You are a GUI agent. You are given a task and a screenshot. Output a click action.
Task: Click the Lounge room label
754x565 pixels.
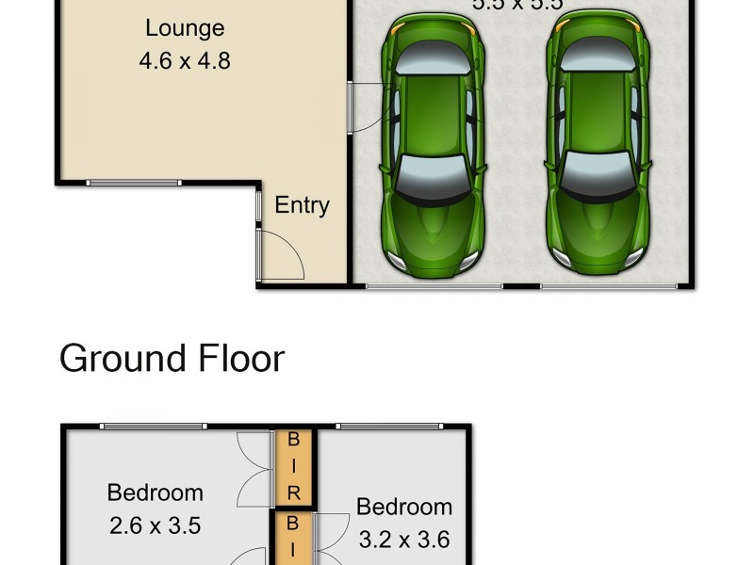tap(186, 27)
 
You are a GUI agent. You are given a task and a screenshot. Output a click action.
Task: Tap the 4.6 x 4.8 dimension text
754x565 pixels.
tap(185, 61)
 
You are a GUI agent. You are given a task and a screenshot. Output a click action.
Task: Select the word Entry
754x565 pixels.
tap(302, 205)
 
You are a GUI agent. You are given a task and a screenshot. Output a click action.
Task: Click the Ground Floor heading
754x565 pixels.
tap(172, 359)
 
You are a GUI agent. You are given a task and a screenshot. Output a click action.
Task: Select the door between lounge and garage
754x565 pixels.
tap(350, 106)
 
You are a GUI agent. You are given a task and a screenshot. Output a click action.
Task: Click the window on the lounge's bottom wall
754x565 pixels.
tap(133, 182)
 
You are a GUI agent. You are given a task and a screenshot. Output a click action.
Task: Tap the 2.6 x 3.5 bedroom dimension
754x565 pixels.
tap(155, 525)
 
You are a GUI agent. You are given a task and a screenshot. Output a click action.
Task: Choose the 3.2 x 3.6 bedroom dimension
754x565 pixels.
tap(404, 540)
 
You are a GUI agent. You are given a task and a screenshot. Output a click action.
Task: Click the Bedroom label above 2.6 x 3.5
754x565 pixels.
tap(155, 492)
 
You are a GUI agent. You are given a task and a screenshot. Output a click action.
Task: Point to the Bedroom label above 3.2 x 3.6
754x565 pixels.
tap(404, 507)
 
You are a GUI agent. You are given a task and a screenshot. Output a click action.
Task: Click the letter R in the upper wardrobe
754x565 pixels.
tap(293, 491)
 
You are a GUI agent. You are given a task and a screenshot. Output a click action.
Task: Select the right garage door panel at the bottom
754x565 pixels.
tap(609, 285)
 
